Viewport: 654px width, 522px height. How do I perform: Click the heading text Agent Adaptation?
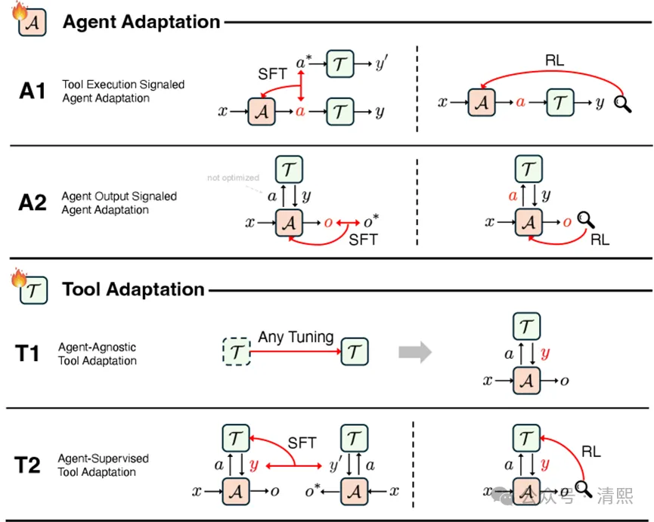tap(141, 21)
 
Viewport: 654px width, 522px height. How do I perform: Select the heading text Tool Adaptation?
tap(133, 289)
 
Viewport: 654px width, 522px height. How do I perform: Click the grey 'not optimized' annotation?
tap(234, 178)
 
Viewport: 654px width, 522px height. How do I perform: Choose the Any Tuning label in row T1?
tap(296, 336)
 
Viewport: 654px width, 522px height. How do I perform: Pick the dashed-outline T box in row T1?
tap(237, 351)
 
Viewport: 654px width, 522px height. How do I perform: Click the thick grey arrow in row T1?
tap(416, 351)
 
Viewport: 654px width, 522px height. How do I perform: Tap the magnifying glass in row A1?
tap(623, 103)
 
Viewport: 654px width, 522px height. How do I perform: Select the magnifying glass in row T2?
tap(581, 489)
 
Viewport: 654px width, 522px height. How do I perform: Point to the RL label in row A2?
tap(600, 240)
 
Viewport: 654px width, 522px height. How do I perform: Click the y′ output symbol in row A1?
tap(380, 62)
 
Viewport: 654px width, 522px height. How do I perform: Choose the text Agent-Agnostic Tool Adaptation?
tap(98, 354)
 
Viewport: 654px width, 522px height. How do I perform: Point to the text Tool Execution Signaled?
tap(123, 85)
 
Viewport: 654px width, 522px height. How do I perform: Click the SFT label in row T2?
tap(302, 443)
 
